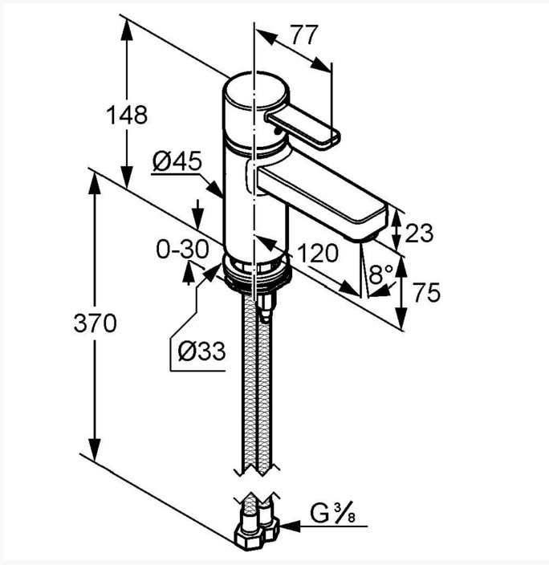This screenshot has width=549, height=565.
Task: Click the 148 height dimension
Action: click(127, 115)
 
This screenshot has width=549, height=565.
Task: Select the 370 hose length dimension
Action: click(96, 323)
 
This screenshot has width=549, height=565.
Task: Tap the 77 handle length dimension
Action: click(305, 35)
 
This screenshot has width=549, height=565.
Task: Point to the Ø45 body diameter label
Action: click(177, 161)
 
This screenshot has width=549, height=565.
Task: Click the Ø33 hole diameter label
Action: click(202, 351)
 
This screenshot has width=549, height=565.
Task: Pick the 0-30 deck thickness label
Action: click(182, 249)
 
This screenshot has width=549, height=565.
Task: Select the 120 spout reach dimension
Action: click(318, 253)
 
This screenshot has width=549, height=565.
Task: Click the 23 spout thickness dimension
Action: click(419, 233)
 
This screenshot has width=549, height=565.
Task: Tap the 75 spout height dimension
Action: click(426, 292)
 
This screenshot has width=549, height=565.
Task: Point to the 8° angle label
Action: click(381, 274)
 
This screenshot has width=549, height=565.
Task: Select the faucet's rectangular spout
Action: click(321, 194)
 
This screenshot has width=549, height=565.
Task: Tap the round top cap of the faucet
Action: click(256, 91)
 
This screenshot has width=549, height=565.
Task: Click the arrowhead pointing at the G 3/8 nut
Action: click(291, 526)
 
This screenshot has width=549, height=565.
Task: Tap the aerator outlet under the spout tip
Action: click(361, 238)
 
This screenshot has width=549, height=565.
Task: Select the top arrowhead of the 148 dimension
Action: click(127, 29)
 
